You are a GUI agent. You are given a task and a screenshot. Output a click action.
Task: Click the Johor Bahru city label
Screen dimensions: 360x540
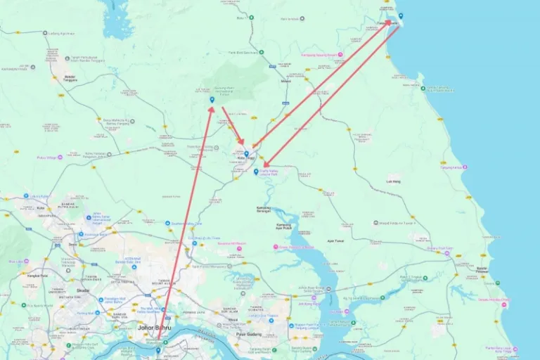point(154,328)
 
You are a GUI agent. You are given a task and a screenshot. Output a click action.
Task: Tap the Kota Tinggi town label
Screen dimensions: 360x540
point(246,158)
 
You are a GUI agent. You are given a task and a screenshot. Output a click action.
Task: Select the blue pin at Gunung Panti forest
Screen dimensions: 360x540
point(212,100)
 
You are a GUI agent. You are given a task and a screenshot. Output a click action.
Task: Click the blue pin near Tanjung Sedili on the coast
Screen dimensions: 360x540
point(401,15)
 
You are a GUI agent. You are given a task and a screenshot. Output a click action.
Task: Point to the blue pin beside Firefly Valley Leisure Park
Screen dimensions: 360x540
point(256,171)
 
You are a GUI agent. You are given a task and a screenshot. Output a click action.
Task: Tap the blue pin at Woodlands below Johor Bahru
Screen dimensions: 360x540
point(158,349)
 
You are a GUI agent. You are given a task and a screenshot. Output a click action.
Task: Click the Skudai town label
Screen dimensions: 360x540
point(73,290)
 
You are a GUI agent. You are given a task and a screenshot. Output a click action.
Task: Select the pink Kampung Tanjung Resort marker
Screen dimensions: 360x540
point(340,54)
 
